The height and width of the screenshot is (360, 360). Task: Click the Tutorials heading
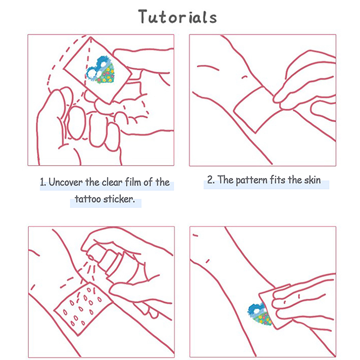177,17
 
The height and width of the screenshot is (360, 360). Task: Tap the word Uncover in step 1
66,182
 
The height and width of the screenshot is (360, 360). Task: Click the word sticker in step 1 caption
119,199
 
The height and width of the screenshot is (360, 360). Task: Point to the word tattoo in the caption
88,199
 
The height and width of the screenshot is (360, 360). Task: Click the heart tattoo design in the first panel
100,70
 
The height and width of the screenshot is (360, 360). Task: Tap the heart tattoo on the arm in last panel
260,314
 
